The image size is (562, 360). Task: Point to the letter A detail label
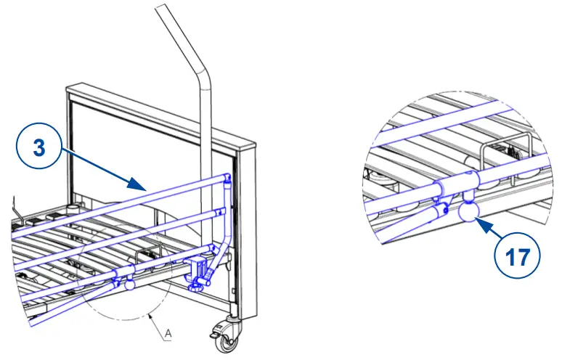pos(168,333)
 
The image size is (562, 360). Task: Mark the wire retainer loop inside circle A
pos(144,257)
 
